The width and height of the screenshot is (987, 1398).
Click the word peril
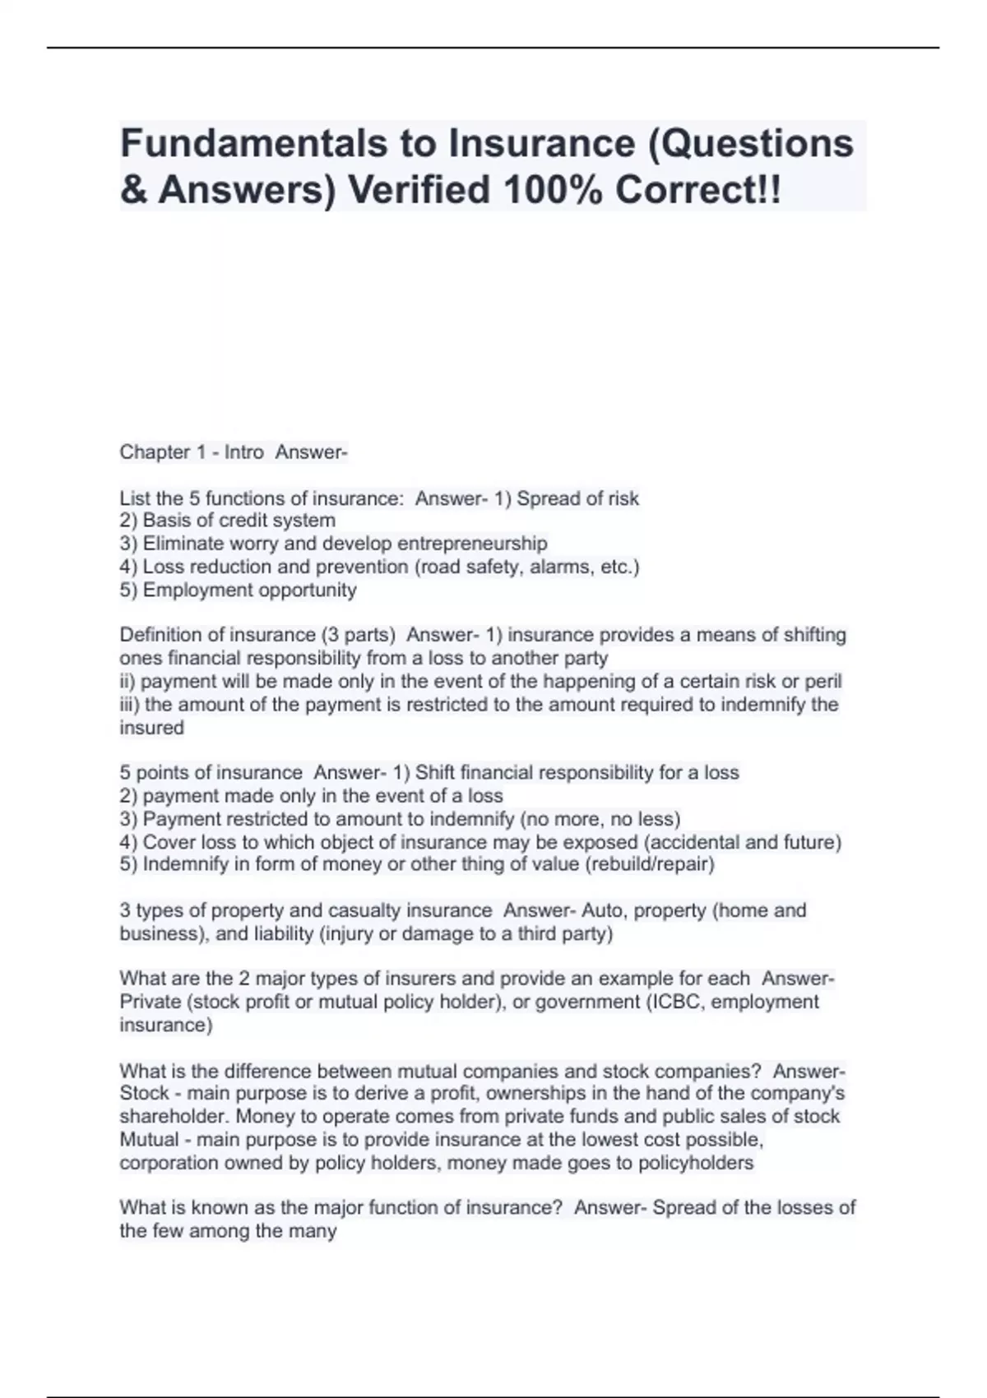coord(823,681)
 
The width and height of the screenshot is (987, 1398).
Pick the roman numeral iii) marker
coord(129,705)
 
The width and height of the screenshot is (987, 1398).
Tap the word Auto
coord(603,910)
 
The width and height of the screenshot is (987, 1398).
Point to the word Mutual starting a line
coord(149,1140)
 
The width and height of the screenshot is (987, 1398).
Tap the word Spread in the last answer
coord(683,1208)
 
